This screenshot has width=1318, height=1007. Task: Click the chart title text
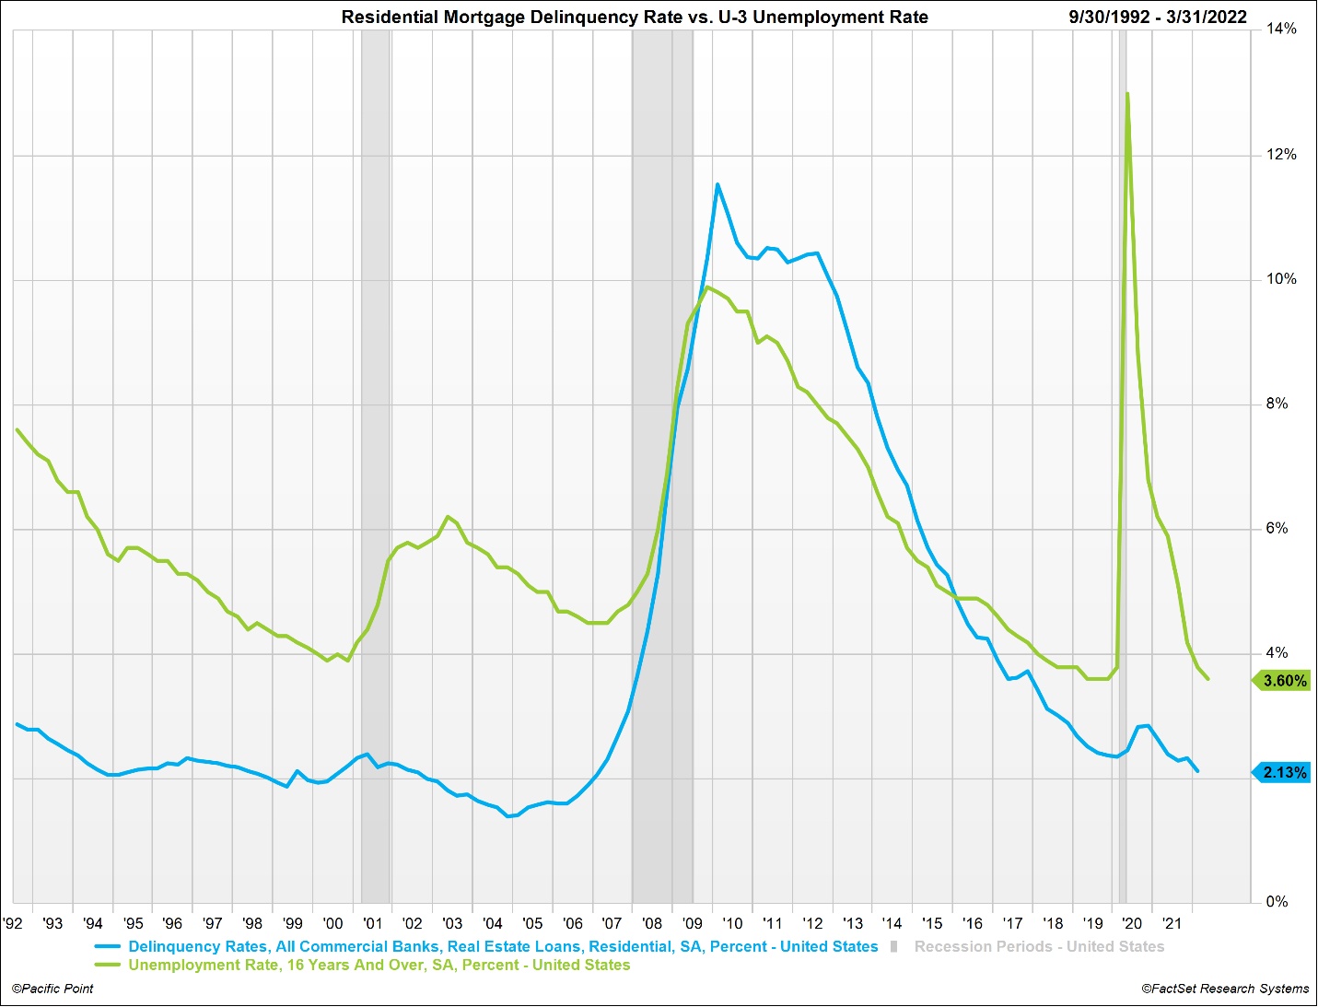[x=635, y=18]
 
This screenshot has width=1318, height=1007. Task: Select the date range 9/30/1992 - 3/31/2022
[x=1158, y=18]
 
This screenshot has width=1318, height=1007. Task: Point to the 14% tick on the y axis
[x=1281, y=29]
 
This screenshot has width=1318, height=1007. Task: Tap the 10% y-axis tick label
[x=1281, y=279]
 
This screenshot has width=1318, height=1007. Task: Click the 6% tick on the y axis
[x=1277, y=529]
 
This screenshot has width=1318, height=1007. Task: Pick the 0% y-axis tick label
[x=1277, y=902]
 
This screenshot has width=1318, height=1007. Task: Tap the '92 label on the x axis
[x=13, y=923]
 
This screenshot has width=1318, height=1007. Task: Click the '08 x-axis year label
[x=652, y=923]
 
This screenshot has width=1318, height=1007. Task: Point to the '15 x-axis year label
[x=932, y=923]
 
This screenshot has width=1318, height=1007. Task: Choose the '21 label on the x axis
[x=1172, y=923]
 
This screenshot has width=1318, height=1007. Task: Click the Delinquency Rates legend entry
[x=503, y=946]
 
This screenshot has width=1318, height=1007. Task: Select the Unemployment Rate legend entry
[x=379, y=966]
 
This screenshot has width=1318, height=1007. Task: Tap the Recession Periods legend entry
[x=1038, y=946]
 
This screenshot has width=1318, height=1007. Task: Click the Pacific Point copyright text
[x=52, y=989]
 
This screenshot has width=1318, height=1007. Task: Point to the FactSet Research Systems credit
[x=1225, y=989]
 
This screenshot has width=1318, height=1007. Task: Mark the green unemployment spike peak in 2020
[x=1127, y=94]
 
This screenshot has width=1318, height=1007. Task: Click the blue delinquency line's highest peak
[x=717, y=185]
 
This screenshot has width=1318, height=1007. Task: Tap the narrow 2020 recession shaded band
[x=1123, y=461]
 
